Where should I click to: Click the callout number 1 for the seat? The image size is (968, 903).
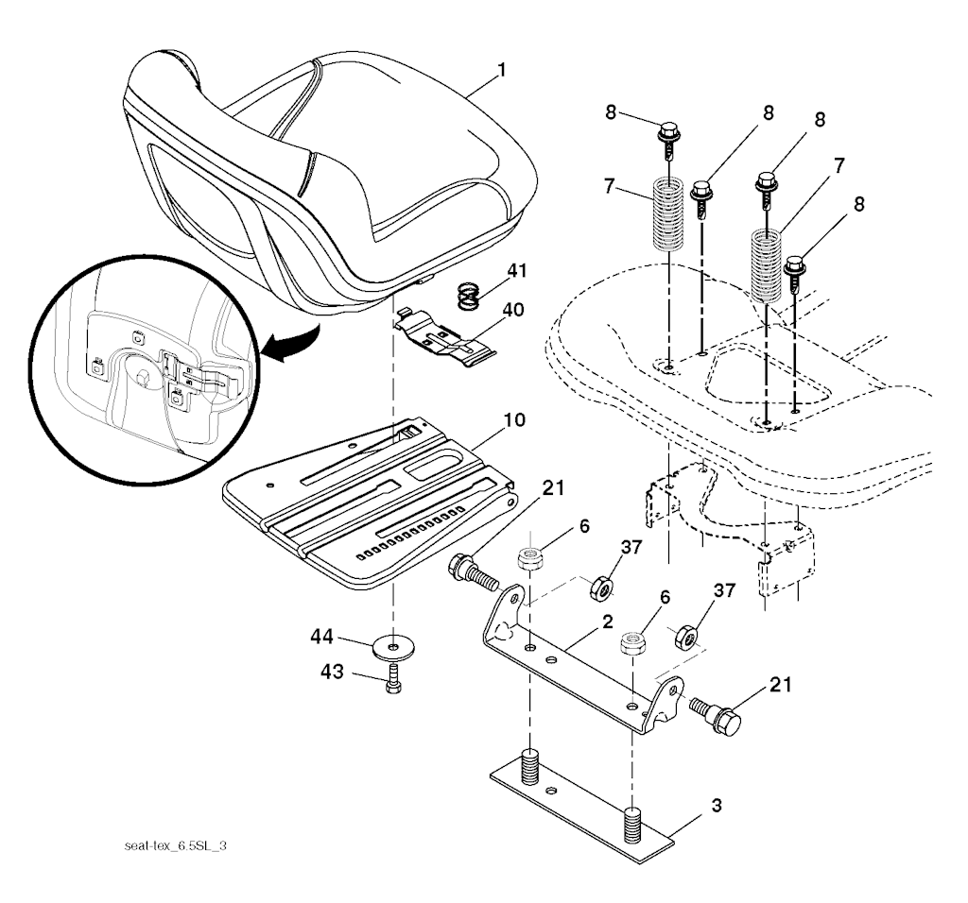[501, 71]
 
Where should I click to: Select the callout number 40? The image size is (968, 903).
[513, 310]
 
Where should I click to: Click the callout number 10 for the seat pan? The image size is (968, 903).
[514, 420]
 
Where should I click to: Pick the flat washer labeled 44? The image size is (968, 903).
[393, 647]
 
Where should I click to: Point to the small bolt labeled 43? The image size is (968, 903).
[393, 678]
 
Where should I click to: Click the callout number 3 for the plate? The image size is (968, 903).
[717, 806]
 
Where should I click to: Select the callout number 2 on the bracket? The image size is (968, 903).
[608, 622]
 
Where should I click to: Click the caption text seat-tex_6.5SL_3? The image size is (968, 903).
[175, 845]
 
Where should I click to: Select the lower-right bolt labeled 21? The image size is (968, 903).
[716, 715]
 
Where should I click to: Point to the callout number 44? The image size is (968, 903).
[321, 636]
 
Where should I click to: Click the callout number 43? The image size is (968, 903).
[332, 671]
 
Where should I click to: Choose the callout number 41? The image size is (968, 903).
[517, 271]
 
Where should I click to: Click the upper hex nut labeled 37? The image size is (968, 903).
[602, 588]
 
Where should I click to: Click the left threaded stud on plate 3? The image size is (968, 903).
[529, 766]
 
